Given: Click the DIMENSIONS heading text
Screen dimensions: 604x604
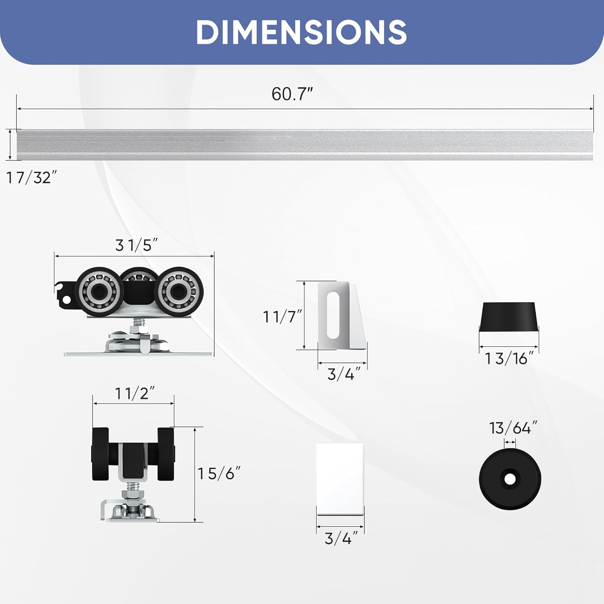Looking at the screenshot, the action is coord(301,32).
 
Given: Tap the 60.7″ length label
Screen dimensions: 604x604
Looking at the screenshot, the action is coord(292,94).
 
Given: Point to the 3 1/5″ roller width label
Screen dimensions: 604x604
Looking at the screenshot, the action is coord(136,245).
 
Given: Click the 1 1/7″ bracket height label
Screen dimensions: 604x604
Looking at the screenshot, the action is coord(282,317).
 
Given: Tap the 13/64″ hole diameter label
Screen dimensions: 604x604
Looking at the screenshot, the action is coord(513,428).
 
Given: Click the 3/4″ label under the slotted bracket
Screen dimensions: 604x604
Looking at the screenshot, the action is coord(341,374).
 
